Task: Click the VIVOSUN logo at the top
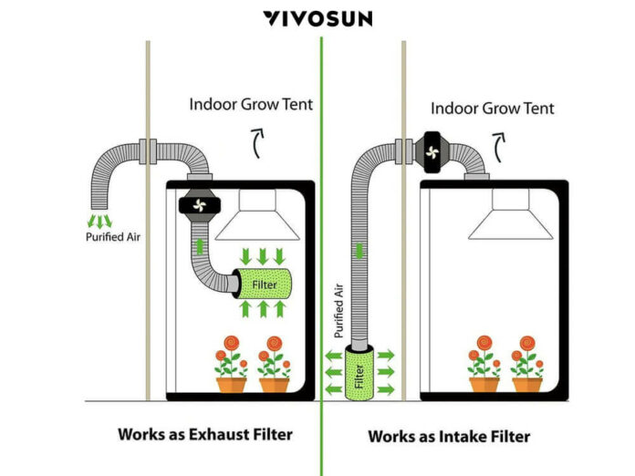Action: [x=317, y=18]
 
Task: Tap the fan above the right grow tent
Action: [x=433, y=150]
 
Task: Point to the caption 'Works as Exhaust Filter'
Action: [x=204, y=434]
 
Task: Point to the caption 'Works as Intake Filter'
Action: [x=449, y=436]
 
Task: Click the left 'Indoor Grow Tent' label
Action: [x=251, y=104]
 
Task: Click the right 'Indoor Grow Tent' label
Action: [x=492, y=109]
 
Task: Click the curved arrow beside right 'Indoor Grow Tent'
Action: [x=498, y=144]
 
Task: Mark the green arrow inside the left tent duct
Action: [x=199, y=245]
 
